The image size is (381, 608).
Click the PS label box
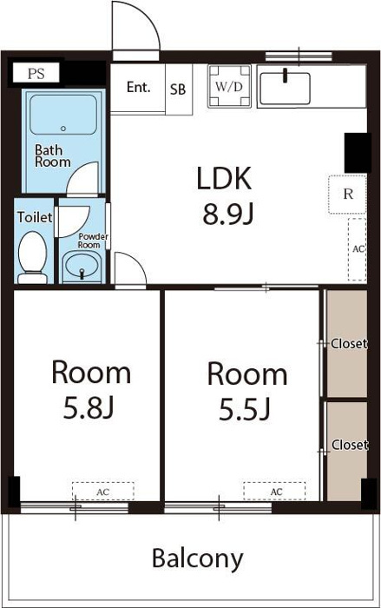pyautogui.click(x=36, y=73)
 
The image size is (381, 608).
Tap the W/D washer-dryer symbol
pyautogui.click(x=229, y=86)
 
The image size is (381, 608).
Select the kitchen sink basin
pyautogui.click(x=285, y=89)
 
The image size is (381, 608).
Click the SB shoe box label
pyautogui.click(x=178, y=89)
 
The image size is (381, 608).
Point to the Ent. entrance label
pyautogui.click(x=138, y=87)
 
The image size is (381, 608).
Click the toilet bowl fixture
pyautogui.click(x=33, y=257)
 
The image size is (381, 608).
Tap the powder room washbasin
pyautogui.click(x=82, y=266)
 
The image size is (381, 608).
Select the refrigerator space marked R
pyautogui.click(x=348, y=195)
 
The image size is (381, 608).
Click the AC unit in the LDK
pyautogui.click(x=358, y=249)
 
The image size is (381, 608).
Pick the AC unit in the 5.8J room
pyautogui.click(x=103, y=492)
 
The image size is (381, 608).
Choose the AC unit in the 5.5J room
pyautogui.click(x=274, y=492)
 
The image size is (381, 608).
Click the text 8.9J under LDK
pyautogui.click(x=228, y=215)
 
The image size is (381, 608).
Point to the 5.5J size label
pyautogui.click(x=245, y=410)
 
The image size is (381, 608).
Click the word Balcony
pyautogui.click(x=198, y=558)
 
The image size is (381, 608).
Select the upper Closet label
pyautogui.click(x=348, y=344)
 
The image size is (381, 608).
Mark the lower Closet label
pyautogui.click(x=349, y=445)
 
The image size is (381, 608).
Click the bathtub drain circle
pyautogui.click(x=63, y=129)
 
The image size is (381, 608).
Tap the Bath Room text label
pyautogui.click(x=53, y=155)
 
